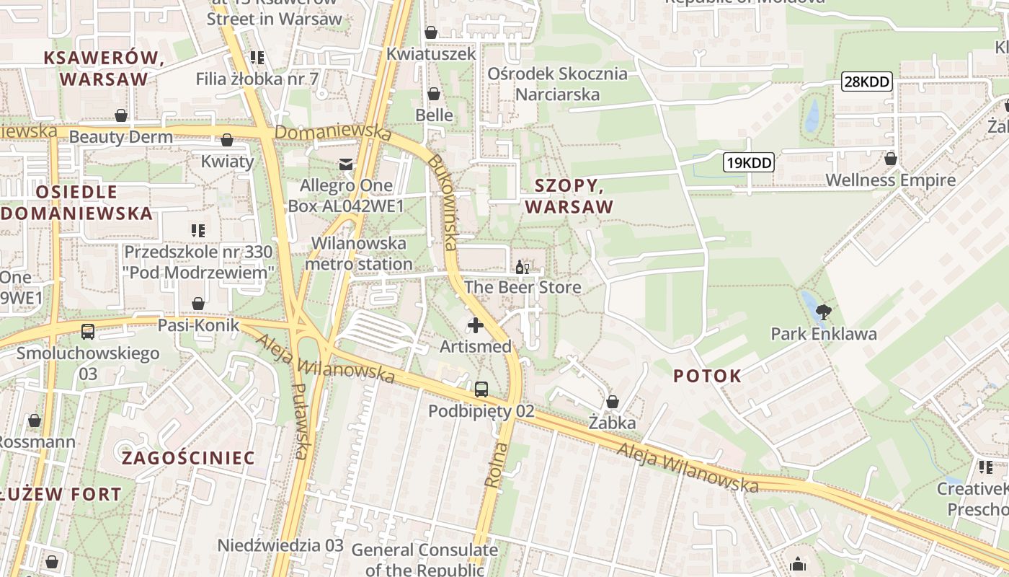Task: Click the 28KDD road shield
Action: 866,82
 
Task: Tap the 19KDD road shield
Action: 748,162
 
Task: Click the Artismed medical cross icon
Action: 475,326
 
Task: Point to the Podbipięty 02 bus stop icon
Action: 481,389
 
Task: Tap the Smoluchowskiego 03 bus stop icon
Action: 87,332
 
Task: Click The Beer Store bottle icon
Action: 522,268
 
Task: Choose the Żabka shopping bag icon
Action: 612,402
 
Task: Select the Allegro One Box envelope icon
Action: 346,164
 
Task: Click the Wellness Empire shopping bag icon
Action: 890,159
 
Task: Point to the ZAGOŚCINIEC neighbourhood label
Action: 188,458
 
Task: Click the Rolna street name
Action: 497,464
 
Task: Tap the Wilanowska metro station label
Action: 358,254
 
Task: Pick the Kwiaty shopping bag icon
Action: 227,140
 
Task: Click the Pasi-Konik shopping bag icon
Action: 197,304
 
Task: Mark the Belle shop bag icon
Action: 434,94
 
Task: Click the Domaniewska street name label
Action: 333,133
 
